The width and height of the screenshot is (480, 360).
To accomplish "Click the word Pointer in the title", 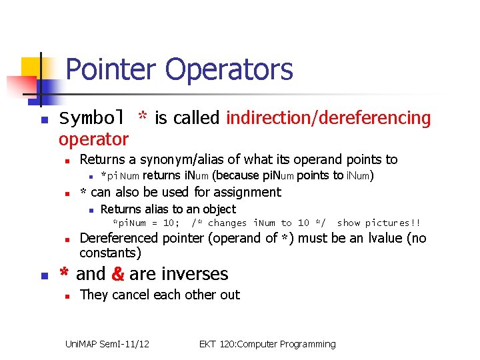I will (112, 69).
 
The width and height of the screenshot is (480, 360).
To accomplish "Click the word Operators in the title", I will (229, 69).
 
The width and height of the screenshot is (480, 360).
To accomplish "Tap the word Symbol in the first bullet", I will (91, 119).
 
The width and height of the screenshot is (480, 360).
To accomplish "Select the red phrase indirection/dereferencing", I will (328, 119).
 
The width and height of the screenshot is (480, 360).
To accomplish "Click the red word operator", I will (93, 139).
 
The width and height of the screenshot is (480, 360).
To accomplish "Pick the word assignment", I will (247, 192).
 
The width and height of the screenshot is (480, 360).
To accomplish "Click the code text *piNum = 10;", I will (146, 223).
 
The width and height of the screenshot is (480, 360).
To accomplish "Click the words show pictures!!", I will (379, 223).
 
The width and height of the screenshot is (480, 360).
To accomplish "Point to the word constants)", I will (110, 253).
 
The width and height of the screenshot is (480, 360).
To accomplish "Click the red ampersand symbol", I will (117, 274).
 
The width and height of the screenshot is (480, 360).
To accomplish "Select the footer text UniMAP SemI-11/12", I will (107, 344).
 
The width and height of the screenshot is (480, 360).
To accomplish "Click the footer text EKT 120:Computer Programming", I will (267, 344).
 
